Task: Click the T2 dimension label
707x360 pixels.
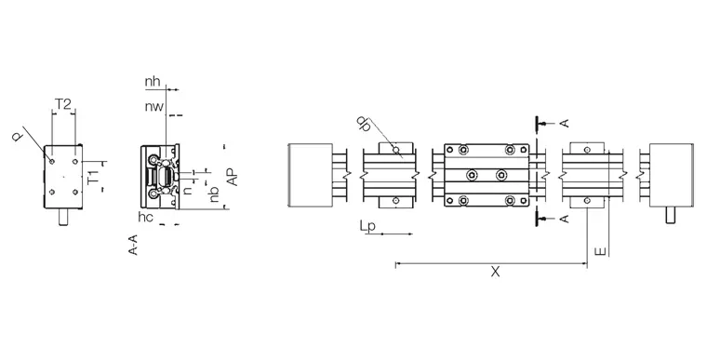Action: [x=63, y=105]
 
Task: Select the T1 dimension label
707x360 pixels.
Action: [x=93, y=177]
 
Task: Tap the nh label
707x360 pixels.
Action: [x=153, y=82]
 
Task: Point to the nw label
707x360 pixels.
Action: [x=153, y=107]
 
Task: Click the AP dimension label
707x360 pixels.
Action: [x=232, y=176]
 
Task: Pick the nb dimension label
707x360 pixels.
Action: [x=214, y=194]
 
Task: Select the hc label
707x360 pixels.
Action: [x=146, y=217]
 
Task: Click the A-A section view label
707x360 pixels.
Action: [x=133, y=245]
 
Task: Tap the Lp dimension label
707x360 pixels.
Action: [x=368, y=226]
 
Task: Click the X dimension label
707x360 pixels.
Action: [x=496, y=272]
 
